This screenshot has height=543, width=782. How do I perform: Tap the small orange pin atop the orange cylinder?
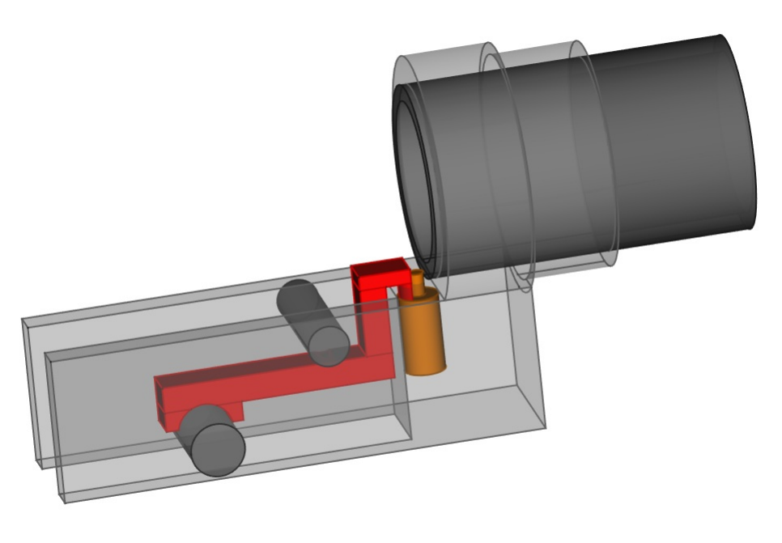[x=418, y=283]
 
